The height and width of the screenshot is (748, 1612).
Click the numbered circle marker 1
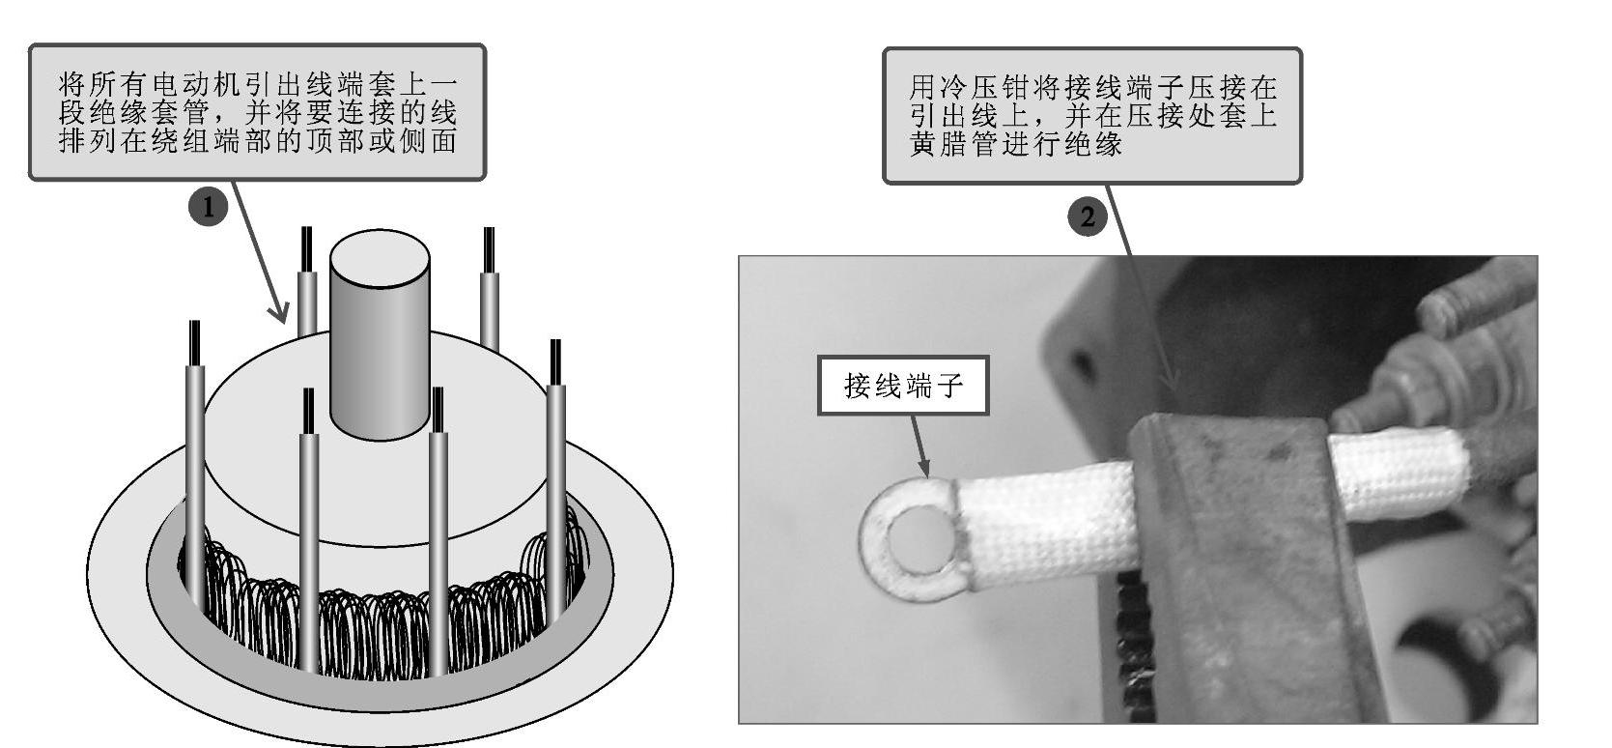coord(208,208)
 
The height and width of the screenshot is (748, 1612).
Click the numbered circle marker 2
coord(1088,216)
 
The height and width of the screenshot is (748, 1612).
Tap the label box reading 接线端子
coord(903,387)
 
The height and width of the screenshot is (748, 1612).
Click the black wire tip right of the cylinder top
coord(489,249)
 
